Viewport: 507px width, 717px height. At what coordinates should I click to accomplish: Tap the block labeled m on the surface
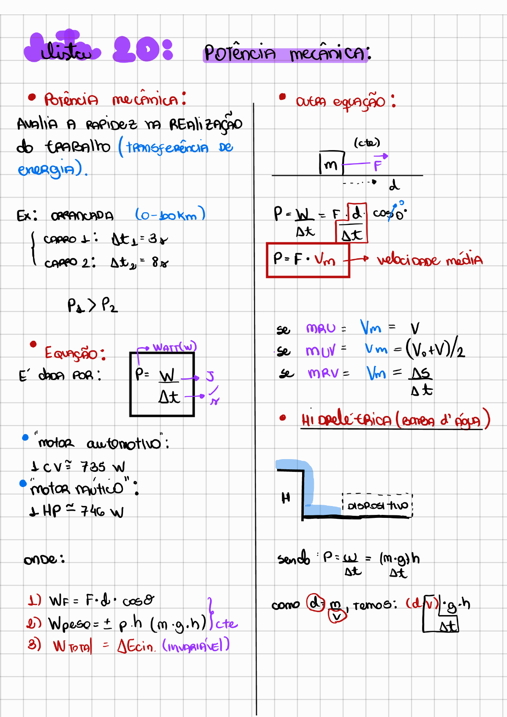coord(331,163)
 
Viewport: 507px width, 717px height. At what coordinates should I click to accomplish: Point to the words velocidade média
coord(429,260)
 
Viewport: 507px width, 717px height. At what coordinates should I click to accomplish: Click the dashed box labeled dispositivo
coord(377,505)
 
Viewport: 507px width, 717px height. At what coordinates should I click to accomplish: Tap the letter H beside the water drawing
coord(286,498)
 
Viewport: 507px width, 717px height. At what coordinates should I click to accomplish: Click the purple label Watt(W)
coord(174,348)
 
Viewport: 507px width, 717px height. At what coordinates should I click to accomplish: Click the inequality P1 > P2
coord(93,305)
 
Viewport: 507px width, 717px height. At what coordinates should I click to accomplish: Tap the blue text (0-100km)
coord(170,215)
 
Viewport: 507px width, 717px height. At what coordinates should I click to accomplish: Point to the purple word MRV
coord(324,373)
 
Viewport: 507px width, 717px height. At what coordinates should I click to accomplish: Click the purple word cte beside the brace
coord(227,624)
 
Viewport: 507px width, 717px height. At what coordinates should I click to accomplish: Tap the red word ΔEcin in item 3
coord(136,646)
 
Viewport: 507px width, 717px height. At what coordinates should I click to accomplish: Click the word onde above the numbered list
coord(44,559)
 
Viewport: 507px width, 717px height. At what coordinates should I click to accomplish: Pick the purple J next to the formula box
coord(210,376)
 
